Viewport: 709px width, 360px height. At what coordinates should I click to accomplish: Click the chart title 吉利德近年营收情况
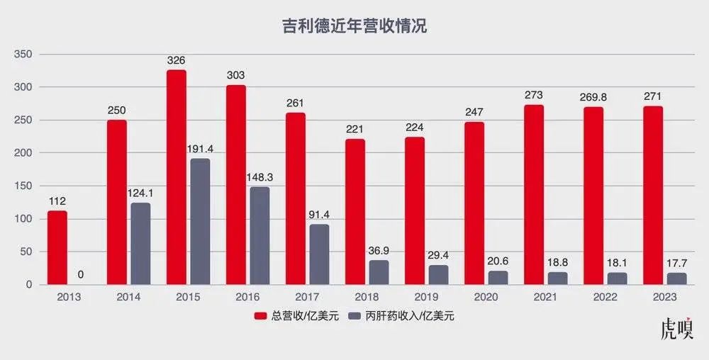tap(354, 27)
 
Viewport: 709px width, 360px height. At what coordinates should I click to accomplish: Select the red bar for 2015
tap(177, 177)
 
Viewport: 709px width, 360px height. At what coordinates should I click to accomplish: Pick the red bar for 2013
tap(57, 248)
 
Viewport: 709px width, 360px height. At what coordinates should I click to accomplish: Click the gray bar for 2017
tap(319, 254)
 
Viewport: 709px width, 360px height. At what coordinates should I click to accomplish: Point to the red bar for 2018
tap(355, 212)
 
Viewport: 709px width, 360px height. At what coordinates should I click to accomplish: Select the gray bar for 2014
tap(140, 244)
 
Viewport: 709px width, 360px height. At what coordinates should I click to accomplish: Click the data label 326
tap(177, 61)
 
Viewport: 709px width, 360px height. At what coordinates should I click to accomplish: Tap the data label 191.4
tap(201, 150)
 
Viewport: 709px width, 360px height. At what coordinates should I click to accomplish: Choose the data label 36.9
tap(379, 251)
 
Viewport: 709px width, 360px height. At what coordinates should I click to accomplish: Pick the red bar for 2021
tap(534, 195)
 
